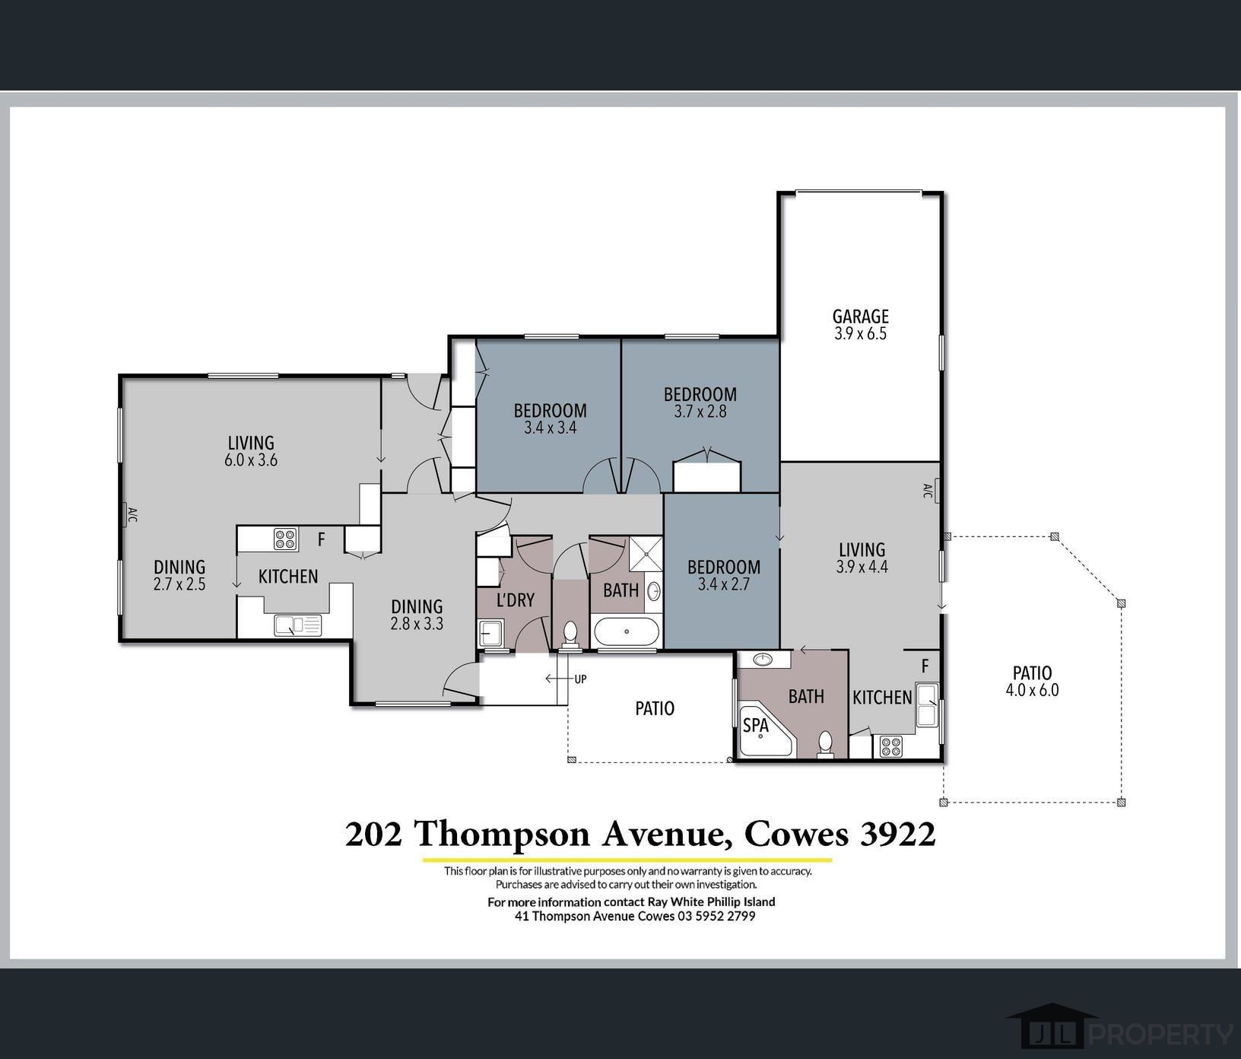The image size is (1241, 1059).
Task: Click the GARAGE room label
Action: pyautogui.click(x=860, y=316)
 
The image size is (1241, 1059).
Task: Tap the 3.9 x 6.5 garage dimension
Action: pyautogui.click(x=860, y=334)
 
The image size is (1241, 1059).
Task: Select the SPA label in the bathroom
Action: pyautogui.click(x=756, y=726)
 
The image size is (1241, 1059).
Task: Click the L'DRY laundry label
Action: pyautogui.click(x=515, y=600)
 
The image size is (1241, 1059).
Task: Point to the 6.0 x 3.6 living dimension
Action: pyautogui.click(x=251, y=460)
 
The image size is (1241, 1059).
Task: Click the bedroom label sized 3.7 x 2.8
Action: pyautogui.click(x=700, y=395)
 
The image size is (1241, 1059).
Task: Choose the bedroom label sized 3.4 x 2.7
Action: pyautogui.click(x=723, y=568)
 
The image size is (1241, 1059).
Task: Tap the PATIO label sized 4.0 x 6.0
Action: pyautogui.click(x=1032, y=673)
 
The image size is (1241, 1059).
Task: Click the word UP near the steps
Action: pyautogui.click(x=580, y=679)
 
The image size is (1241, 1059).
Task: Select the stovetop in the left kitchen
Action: pyautogui.click(x=286, y=539)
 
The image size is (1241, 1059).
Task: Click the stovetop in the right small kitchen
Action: pyautogui.click(x=890, y=746)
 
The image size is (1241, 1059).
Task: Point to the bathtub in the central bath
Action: pyautogui.click(x=627, y=631)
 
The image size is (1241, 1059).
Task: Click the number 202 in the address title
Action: pyautogui.click(x=373, y=835)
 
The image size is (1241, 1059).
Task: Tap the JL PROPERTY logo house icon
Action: pyautogui.click(x=1052, y=1030)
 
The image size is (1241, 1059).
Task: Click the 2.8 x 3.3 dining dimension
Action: pyautogui.click(x=417, y=624)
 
